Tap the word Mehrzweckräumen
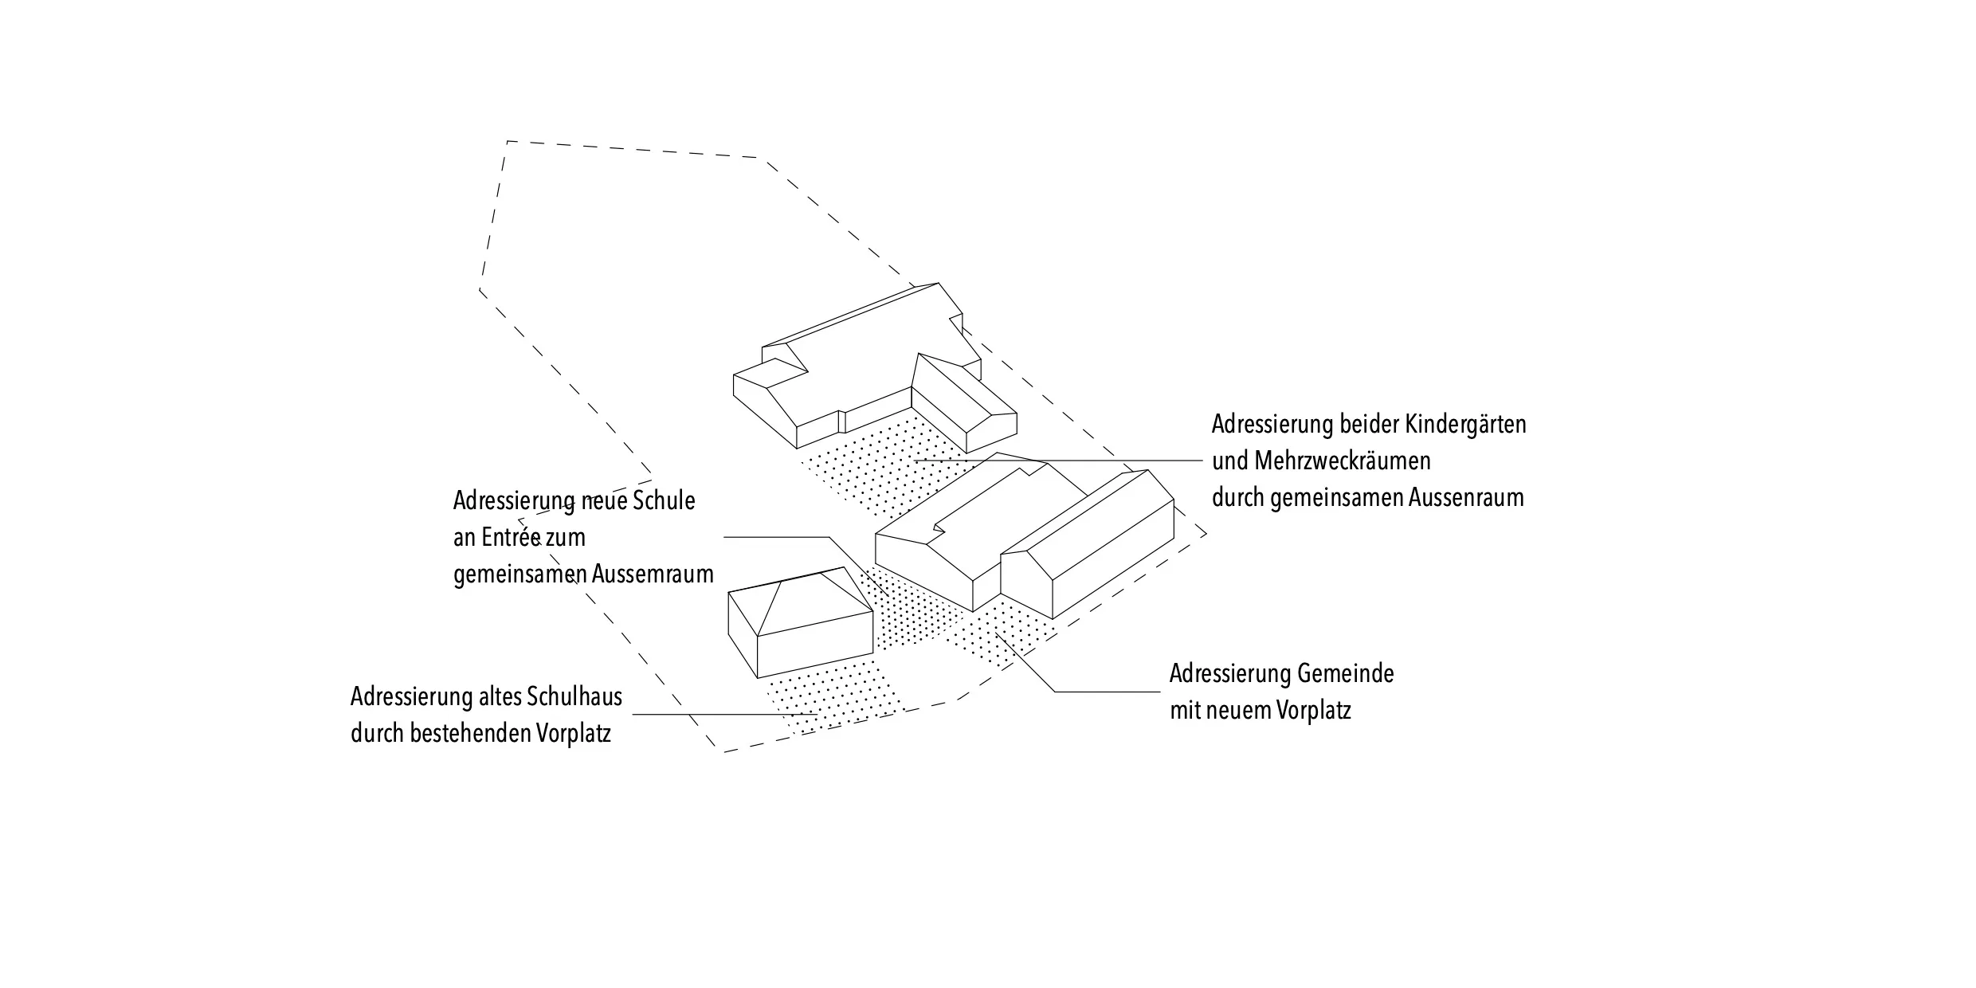[1343, 461]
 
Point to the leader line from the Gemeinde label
[1108, 692]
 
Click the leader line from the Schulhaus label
[717, 715]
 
